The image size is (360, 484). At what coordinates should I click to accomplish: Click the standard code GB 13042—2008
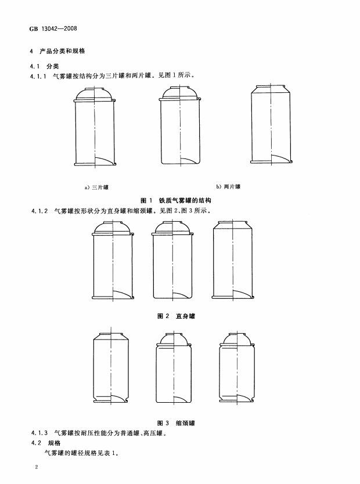point(53,28)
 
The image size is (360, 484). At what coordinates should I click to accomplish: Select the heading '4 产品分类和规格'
point(57,51)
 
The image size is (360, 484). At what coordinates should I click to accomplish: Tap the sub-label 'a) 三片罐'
point(96,187)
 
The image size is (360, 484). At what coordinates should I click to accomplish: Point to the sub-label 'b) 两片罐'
point(228,186)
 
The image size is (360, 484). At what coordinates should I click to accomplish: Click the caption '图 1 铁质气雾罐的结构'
point(176,201)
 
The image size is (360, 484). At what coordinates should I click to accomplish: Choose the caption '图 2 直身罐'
point(177,316)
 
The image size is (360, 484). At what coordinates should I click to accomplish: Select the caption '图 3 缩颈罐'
point(176,423)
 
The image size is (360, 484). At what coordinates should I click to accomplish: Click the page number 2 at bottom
point(37,467)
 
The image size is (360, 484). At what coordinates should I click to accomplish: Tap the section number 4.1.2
point(39,211)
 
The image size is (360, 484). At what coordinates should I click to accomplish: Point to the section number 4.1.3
point(39,433)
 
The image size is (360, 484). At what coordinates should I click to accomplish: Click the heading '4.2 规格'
point(46,443)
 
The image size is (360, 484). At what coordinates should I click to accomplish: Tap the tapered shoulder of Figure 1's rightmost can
point(271,89)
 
